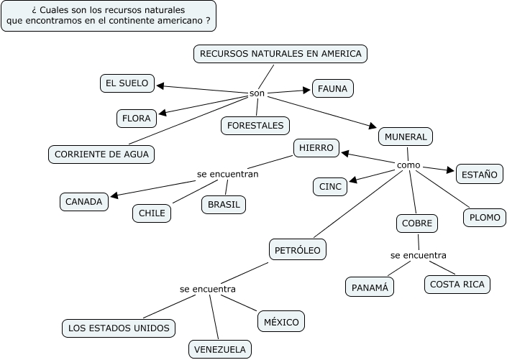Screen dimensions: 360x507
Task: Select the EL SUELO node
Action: pos(127,83)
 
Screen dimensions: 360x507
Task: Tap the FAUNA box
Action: pos(332,89)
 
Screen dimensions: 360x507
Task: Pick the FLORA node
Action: pos(135,118)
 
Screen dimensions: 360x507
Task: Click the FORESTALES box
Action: pos(255,125)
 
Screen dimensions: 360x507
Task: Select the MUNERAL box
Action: pos(406,136)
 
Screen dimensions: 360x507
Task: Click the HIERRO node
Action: pos(316,148)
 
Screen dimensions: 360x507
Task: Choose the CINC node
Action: pos(330,187)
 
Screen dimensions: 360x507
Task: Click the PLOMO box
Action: pos(484,217)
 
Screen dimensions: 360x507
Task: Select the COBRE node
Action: pos(417,223)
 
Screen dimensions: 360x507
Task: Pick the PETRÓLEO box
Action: pos(298,250)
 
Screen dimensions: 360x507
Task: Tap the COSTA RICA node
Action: pos(457,285)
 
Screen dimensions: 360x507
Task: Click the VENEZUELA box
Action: pos(220,350)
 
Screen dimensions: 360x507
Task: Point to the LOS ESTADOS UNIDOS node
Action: pos(118,328)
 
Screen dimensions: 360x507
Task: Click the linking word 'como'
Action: pos(408,165)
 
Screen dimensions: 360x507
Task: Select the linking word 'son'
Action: pos(257,93)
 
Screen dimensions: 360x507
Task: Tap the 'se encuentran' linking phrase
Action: pos(228,174)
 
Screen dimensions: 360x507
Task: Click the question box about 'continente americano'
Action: pos(109,16)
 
